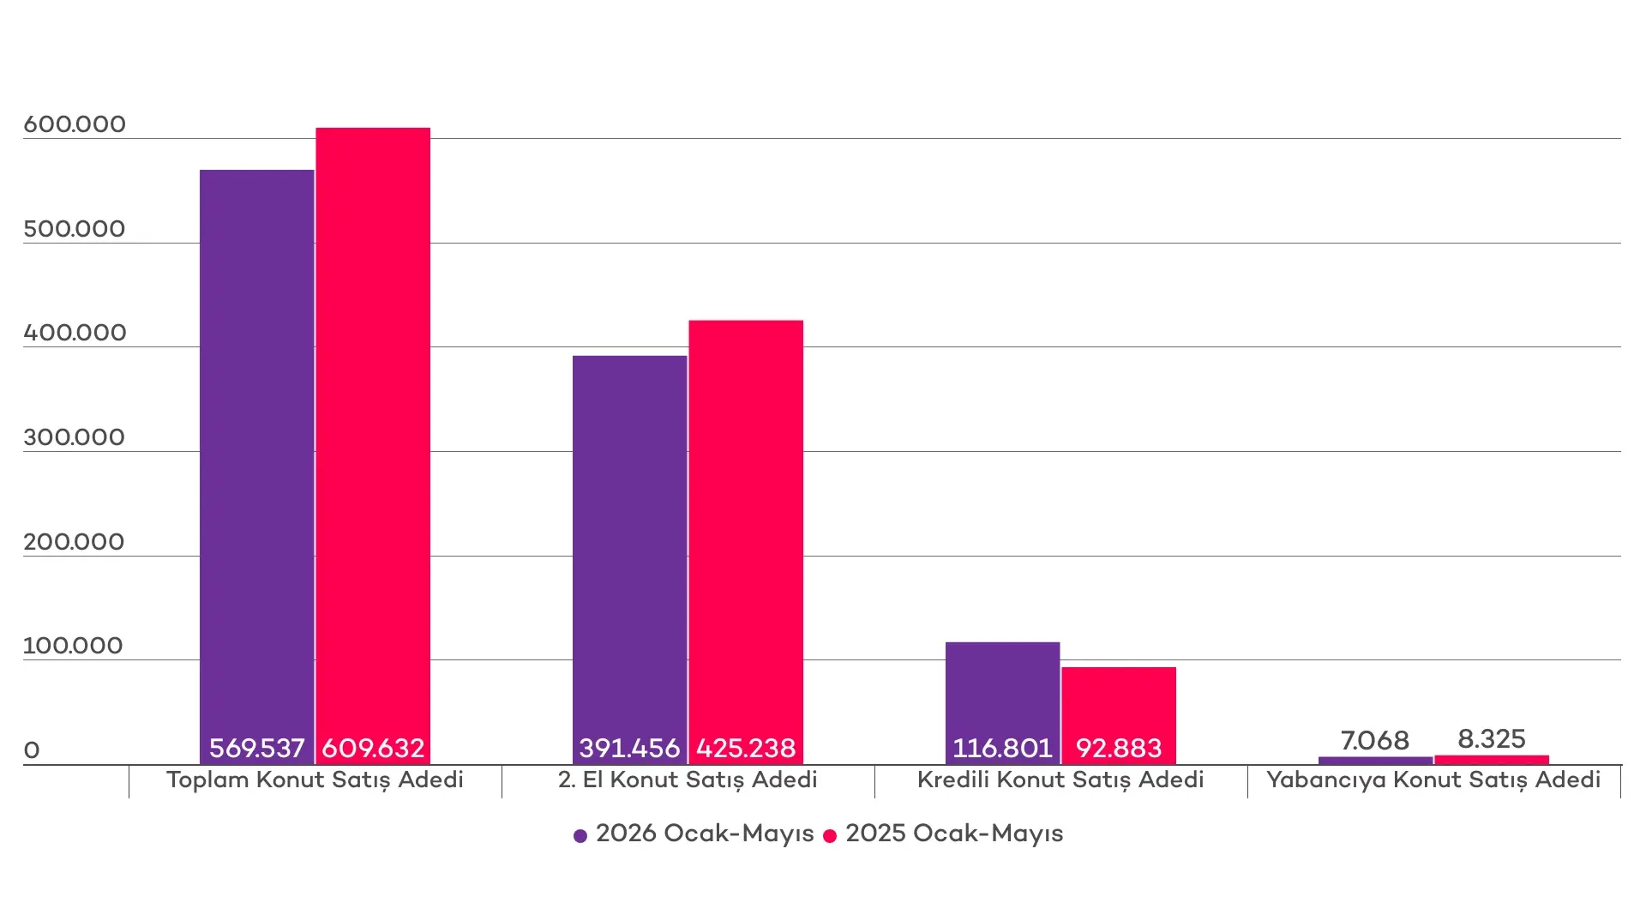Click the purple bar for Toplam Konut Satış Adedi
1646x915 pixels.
pyautogui.click(x=257, y=467)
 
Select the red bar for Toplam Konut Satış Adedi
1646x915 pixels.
pyautogui.click(x=373, y=446)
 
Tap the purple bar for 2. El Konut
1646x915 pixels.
pyautogui.click(x=630, y=560)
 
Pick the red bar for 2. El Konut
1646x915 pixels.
pyautogui.click(x=746, y=542)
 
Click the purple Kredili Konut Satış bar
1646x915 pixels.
pyautogui.click(x=1003, y=703)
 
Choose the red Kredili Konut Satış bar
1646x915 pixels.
pyautogui.click(x=1119, y=715)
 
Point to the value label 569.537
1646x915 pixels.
pyautogui.click(x=257, y=749)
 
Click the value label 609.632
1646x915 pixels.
pyautogui.click(x=373, y=749)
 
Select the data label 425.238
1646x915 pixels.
pyautogui.click(x=746, y=749)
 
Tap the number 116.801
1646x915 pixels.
pyautogui.click(x=1003, y=749)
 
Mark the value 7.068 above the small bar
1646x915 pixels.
pyautogui.click(x=1375, y=740)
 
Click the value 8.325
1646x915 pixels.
pyautogui.click(x=1492, y=739)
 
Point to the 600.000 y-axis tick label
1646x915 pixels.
pyautogui.click(x=75, y=124)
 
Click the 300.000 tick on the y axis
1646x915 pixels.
pyautogui.click(x=75, y=437)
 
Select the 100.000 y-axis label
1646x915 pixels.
pyautogui.click(x=73, y=646)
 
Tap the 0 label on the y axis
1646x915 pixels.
pyautogui.click(x=32, y=750)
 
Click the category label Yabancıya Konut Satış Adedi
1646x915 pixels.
pyautogui.click(x=1433, y=780)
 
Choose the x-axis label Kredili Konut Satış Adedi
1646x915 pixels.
pyautogui.click(x=1060, y=780)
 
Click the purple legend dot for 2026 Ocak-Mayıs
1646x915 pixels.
pyautogui.click(x=580, y=836)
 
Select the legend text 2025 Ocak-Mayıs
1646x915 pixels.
pyautogui.click(x=954, y=834)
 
